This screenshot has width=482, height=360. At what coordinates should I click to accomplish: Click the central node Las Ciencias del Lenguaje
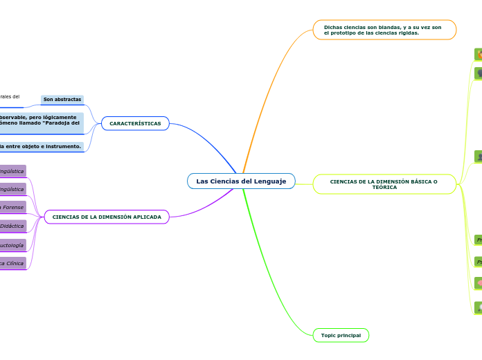(241, 181)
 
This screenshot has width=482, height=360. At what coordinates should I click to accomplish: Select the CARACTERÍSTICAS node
(135, 123)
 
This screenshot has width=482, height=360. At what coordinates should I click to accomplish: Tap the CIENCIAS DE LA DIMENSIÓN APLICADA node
(107, 217)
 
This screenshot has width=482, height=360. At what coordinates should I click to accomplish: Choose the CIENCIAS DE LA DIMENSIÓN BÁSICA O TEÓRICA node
(384, 184)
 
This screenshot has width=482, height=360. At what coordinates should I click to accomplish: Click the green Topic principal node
(341, 335)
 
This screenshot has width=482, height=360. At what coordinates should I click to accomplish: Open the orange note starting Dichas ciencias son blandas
(384, 30)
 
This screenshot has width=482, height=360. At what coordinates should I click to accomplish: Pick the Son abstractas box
(62, 100)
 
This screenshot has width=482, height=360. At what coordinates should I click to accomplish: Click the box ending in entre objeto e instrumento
(42, 147)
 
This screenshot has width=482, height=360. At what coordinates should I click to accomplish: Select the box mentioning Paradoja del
(42, 123)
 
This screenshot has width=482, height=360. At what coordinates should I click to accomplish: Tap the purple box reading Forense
(12, 207)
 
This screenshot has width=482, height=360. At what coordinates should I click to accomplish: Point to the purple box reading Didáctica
(12, 226)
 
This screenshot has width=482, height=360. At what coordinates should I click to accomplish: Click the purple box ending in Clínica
(12, 263)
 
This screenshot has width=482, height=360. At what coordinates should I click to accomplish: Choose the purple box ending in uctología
(12, 245)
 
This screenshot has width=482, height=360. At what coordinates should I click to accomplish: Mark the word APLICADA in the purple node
(147, 217)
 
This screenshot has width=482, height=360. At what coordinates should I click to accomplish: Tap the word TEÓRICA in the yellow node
(384, 188)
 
